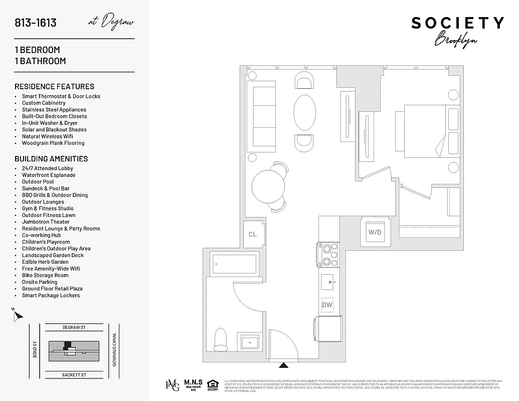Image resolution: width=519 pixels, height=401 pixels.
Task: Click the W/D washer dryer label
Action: pos(375,232)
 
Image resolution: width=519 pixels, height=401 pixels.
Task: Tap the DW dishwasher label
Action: pos(327,305)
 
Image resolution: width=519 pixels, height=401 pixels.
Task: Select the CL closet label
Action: pos(253,234)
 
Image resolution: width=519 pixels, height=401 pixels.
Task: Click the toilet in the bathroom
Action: pos(221,339)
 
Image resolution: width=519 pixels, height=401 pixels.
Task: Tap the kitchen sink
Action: pos(329,281)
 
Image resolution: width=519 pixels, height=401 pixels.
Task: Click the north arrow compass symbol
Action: pos(18,315)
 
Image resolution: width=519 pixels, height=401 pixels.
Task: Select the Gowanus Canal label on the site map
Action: pos(114,349)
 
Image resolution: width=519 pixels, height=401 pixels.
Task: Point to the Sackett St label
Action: pos(74,374)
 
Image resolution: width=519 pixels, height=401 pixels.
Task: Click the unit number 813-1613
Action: pos(36,23)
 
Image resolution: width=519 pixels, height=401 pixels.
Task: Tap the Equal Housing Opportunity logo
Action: pos(213,385)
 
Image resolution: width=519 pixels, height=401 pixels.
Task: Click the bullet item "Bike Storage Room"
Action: pos(45,275)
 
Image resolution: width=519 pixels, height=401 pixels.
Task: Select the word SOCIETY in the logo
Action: pos(457,23)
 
